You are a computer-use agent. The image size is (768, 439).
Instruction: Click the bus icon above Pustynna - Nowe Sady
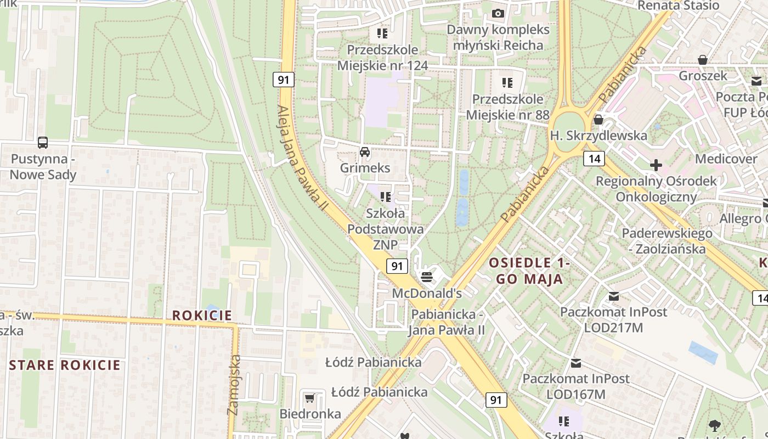43,143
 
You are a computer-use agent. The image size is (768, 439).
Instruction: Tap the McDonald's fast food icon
426,276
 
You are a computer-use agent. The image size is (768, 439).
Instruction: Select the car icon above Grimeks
365,151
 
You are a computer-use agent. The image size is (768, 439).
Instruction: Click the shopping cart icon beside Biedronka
310,397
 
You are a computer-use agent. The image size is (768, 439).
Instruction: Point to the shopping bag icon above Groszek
702,59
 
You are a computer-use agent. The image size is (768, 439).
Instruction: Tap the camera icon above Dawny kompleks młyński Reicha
498,13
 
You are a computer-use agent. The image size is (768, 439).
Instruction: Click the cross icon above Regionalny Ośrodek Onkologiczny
656,165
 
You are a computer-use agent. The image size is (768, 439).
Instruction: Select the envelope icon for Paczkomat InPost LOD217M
613,296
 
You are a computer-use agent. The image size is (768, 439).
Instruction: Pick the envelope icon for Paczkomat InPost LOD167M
576,363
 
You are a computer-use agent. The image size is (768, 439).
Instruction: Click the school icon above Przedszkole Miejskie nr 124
382,33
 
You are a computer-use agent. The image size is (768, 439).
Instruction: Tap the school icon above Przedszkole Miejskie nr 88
507,83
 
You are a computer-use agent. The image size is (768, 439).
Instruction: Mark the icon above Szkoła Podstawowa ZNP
386,196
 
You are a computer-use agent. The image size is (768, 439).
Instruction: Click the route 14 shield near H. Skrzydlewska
594,159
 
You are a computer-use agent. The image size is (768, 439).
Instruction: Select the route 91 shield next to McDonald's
397,266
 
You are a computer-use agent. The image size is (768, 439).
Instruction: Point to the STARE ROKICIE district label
65,365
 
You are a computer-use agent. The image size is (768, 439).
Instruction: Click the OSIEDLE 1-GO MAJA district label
530,271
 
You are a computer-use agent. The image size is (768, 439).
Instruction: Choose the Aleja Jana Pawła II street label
302,159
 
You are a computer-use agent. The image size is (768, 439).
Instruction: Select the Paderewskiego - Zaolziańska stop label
667,241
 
